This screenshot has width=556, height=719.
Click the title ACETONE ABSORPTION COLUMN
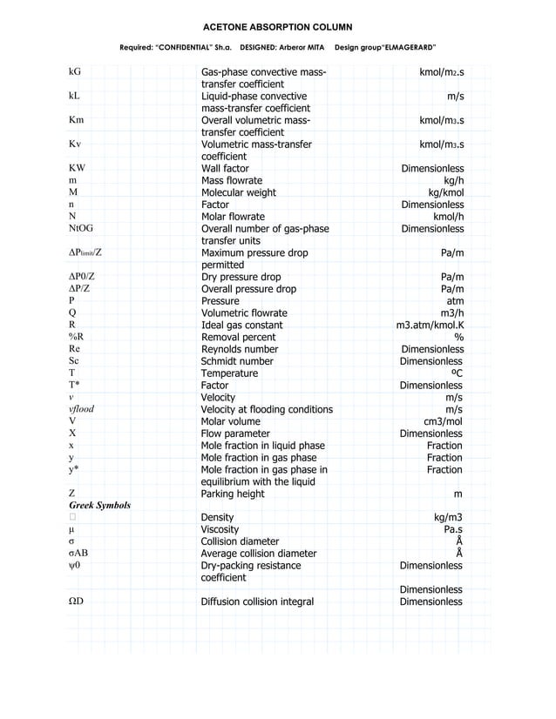[x=277, y=27]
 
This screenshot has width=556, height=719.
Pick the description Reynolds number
[x=240, y=349]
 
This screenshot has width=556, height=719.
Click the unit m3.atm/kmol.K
[x=430, y=326]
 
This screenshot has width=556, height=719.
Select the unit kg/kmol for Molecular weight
[x=440, y=192]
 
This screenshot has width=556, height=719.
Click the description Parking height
[x=232, y=494]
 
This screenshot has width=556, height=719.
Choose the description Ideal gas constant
[x=241, y=326]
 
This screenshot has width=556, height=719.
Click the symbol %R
[x=76, y=337]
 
